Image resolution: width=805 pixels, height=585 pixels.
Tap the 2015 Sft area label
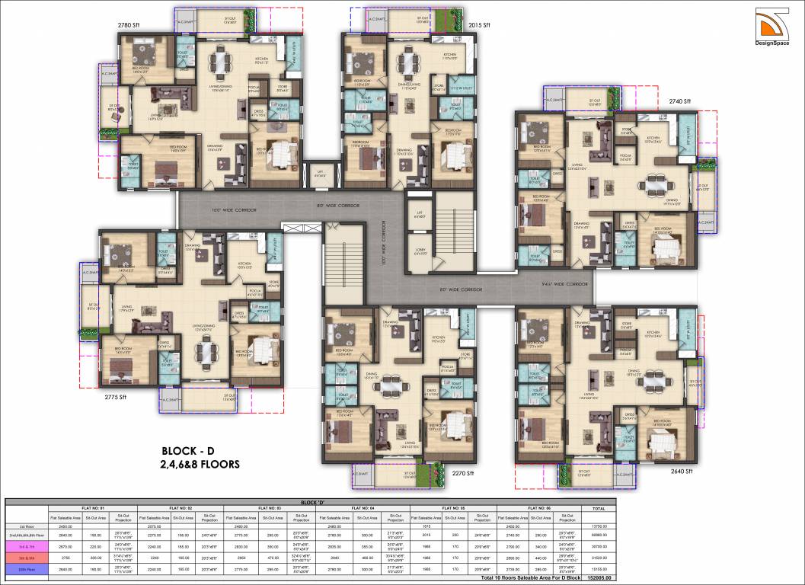pyautogui.click(x=479, y=25)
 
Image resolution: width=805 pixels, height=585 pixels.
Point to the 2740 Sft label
pyautogui.click(x=679, y=101)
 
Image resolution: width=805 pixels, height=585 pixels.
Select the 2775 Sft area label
pyautogui.click(x=116, y=397)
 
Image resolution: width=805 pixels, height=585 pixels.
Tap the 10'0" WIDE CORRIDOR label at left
pyautogui.click(x=229, y=208)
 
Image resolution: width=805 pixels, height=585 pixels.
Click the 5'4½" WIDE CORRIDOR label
pyautogui.click(x=564, y=283)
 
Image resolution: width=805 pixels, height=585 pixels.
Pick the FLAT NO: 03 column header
pyautogui.click(x=272, y=508)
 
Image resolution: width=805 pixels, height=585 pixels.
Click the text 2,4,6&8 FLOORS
pyautogui.click(x=200, y=463)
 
